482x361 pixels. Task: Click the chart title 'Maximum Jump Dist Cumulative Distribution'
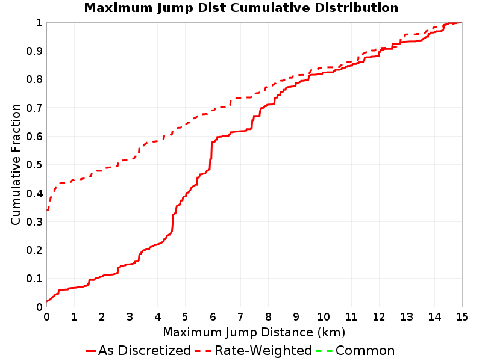point(241,8)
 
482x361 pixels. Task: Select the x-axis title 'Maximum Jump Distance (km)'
point(254,332)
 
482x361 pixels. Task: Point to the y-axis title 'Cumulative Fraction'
point(16,164)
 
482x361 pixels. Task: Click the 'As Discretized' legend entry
point(139,350)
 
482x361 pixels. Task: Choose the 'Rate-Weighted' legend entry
point(254,350)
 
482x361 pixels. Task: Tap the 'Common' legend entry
point(355,350)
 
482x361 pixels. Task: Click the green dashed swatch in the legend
point(324,351)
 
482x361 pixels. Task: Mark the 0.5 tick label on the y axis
point(34,165)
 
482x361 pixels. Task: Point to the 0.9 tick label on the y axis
point(34,51)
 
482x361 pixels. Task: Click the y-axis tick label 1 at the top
point(39,23)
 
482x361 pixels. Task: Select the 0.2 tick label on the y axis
point(34,250)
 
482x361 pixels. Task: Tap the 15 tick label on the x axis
point(462,317)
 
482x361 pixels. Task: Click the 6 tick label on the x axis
point(213,317)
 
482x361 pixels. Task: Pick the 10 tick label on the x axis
point(324,317)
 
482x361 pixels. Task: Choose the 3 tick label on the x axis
point(130,317)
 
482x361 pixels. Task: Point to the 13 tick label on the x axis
point(406,317)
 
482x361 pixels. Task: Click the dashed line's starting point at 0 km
point(47,210)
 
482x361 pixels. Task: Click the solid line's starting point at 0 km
point(47,301)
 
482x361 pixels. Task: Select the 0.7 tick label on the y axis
point(34,108)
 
